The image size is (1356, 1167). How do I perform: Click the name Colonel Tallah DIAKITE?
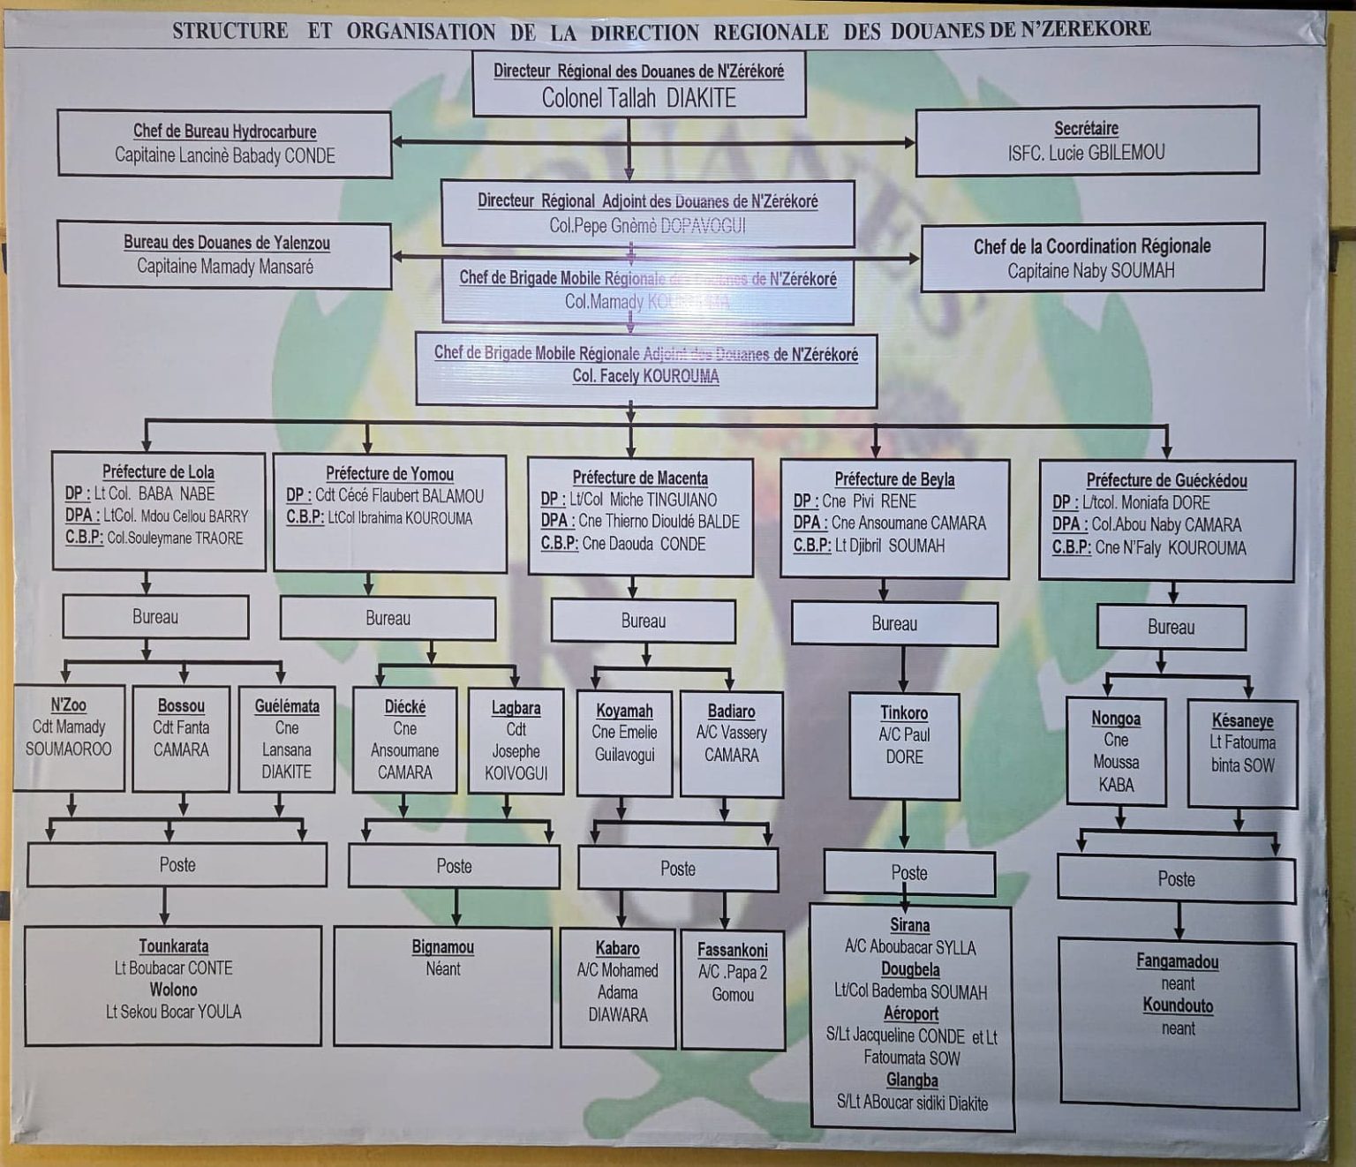[638, 97]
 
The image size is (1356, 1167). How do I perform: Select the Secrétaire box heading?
[1086, 129]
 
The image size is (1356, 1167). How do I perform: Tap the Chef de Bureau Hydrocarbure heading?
[224, 132]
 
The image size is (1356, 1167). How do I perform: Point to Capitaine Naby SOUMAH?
[1091, 271]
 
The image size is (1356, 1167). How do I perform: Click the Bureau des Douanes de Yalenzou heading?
[226, 243]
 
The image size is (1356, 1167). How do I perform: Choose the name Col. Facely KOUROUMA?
[645, 376]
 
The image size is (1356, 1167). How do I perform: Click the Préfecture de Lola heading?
[158, 472]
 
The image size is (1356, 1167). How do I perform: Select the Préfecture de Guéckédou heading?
[1166, 480]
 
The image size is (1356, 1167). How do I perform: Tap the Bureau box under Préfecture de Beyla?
[894, 623]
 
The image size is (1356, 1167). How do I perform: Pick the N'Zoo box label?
[68, 704]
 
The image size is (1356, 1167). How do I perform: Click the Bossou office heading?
[181, 705]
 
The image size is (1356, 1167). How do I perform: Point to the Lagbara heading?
[516, 707]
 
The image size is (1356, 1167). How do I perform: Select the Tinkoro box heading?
[904, 712]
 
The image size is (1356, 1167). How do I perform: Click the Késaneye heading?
[1242, 720]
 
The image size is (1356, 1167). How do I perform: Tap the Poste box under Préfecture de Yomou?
[454, 866]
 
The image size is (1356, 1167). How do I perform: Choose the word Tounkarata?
[174, 946]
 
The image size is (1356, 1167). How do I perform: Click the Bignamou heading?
[442, 947]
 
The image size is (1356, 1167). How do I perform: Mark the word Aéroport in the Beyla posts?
[911, 1013]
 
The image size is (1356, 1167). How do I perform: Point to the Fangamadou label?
[1178, 961]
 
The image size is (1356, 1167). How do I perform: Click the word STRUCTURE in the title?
[230, 31]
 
